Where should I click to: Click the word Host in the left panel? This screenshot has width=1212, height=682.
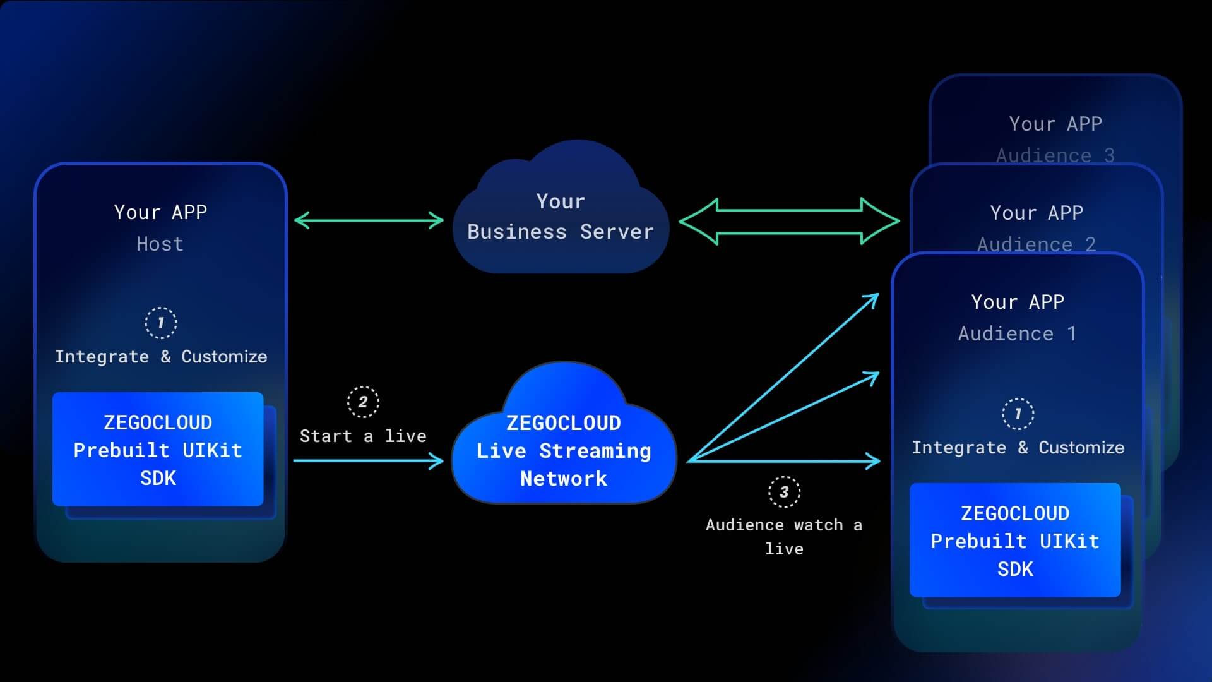click(160, 244)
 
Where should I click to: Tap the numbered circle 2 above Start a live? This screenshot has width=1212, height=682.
click(363, 402)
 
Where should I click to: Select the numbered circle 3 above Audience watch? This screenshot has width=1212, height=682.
click(784, 491)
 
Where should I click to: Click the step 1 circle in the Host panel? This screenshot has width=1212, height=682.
click(161, 323)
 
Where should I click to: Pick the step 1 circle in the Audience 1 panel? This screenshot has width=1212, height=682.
click(1018, 414)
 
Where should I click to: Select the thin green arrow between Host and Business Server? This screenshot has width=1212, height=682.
click(369, 220)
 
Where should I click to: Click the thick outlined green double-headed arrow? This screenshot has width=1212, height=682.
click(789, 221)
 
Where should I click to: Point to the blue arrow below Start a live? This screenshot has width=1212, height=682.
click(369, 461)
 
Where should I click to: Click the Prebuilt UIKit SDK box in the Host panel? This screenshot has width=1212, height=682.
click(158, 450)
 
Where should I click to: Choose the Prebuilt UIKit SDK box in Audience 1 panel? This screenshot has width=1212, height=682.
click(1015, 541)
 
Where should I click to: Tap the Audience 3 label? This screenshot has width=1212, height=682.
click(1055, 155)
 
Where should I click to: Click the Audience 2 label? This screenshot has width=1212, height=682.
click(1036, 244)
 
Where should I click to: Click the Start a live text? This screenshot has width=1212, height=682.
click(363, 436)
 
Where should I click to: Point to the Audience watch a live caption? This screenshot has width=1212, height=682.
click(784, 536)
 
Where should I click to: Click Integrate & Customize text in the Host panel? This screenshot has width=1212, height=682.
click(161, 356)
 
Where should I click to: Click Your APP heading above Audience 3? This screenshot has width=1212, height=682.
click(1055, 123)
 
